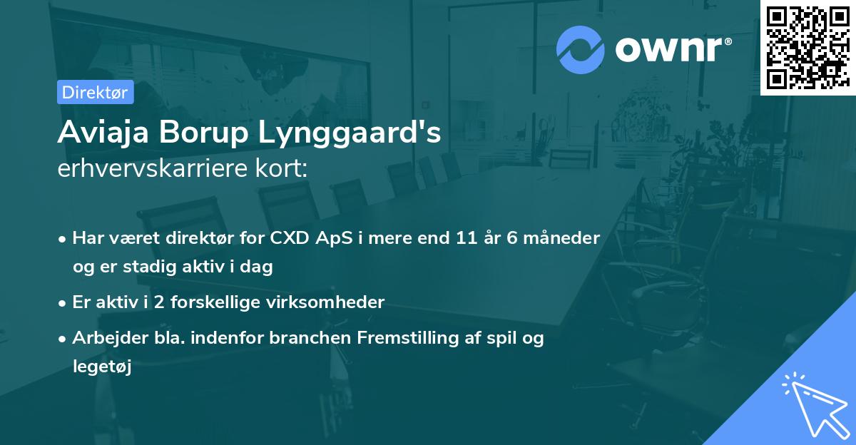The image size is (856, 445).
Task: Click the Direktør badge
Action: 95,92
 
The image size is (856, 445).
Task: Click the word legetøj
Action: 102,367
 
